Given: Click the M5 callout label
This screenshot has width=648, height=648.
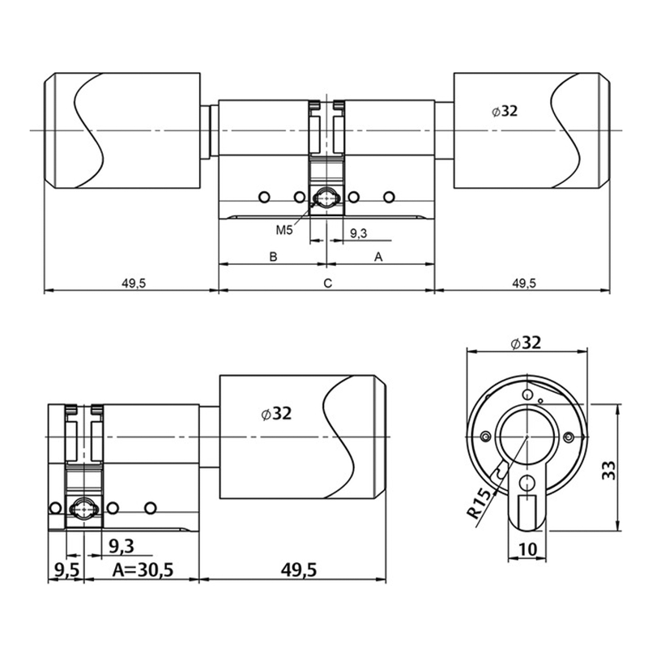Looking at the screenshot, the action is coord(284,230).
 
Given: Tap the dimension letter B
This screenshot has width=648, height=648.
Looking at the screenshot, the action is coord(273,257).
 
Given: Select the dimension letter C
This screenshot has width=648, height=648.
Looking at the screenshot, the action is coord(327,283).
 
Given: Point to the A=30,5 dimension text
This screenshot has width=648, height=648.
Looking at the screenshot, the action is coord(143,570).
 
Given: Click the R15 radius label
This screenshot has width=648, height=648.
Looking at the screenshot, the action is coord(480,503).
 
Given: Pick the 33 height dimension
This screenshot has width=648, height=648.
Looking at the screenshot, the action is coord(608,471).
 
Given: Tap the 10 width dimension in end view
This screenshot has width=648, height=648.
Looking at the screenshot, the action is coord(527,549).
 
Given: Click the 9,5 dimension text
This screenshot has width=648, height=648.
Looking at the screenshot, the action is coord(67,570).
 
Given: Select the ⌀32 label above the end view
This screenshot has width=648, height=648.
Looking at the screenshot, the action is coord(526,343).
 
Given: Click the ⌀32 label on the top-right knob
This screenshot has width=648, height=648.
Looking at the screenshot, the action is coord(505,111).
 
